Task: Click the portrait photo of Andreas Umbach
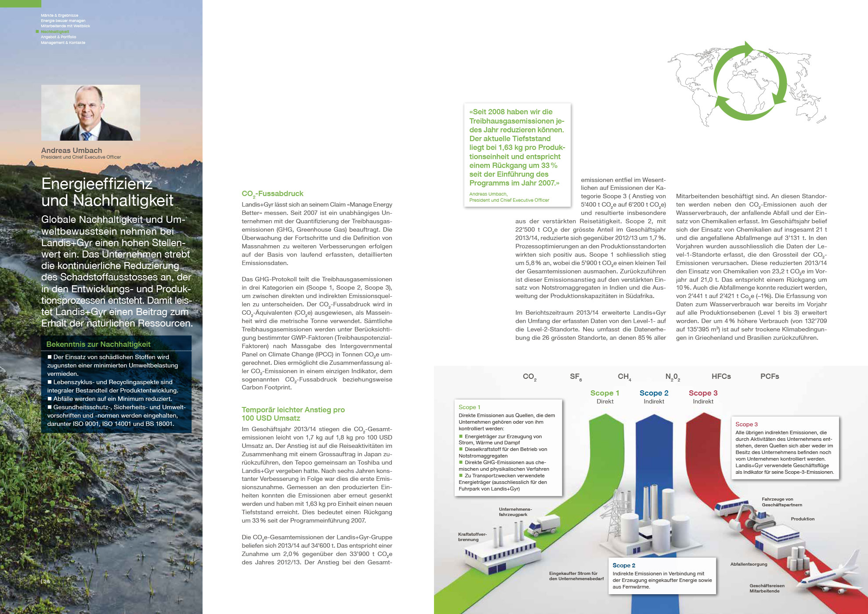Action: point(90,113)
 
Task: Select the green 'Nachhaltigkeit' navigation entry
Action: point(55,32)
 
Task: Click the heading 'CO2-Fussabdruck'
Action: point(272,194)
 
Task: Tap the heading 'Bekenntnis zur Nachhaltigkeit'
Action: point(98,345)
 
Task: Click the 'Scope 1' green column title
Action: point(604,393)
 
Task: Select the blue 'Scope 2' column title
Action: point(654,393)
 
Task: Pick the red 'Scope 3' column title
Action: point(703,393)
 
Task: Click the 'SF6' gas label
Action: point(575,377)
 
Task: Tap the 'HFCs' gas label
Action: point(721,376)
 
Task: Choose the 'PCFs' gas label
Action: point(770,376)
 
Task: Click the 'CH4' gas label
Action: point(624,377)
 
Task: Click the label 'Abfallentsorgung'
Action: point(749,564)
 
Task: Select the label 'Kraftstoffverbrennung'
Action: point(472,537)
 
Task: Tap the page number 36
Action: point(47,581)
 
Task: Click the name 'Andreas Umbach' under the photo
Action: point(72,150)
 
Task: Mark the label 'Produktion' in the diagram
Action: point(803,519)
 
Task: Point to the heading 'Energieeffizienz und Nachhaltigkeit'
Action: point(108,192)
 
